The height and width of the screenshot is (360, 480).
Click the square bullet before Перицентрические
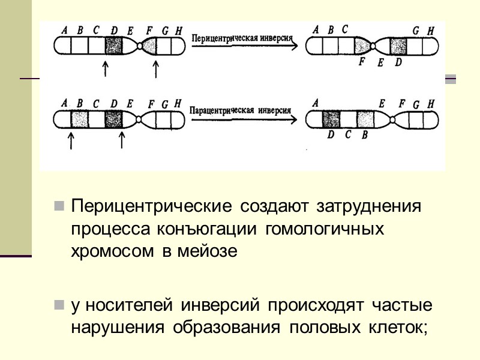tap(59, 207)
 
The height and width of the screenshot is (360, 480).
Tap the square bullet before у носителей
tap(59, 306)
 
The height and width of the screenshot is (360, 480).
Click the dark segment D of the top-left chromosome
tap(114, 46)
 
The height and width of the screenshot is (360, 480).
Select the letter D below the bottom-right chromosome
tap(331, 134)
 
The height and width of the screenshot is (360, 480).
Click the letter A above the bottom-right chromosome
tap(316, 103)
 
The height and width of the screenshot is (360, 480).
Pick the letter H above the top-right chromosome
tap(430, 31)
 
